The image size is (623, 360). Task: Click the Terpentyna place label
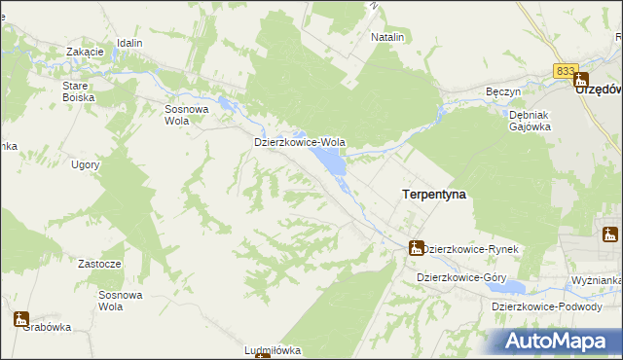[x=433, y=195]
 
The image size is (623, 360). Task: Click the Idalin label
[x=128, y=44]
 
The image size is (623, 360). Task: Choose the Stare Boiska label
[x=76, y=91]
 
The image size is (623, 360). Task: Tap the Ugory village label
[x=86, y=164]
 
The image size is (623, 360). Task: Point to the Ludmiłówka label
[x=273, y=350]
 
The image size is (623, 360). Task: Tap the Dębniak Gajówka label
[x=531, y=120]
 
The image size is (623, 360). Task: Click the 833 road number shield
[x=566, y=71]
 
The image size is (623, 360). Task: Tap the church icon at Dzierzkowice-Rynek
[x=416, y=248]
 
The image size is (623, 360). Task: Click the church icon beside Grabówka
[x=20, y=317]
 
